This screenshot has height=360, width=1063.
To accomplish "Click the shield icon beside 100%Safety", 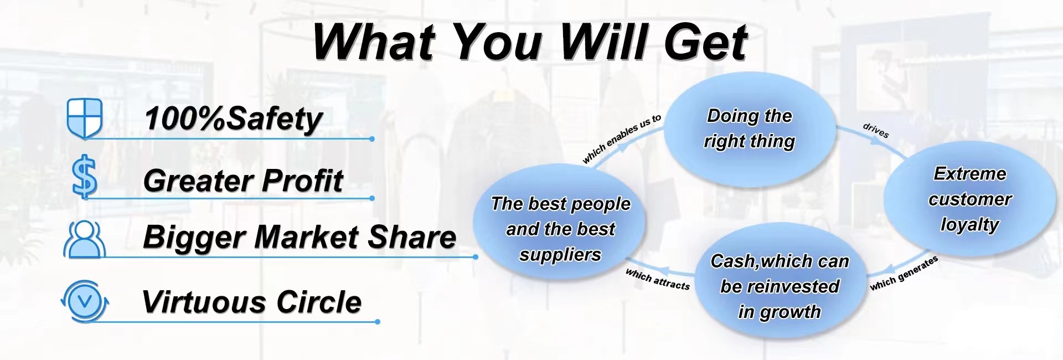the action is (x=85, y=118).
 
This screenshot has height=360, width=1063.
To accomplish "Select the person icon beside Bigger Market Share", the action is (x=85, y=239).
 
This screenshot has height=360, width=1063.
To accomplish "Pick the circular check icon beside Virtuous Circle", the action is (x=85, y=301).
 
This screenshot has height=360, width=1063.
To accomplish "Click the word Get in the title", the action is (x=705, y=43).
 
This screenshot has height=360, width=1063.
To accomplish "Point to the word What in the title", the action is (x=375, y=43).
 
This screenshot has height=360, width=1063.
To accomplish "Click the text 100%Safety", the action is (x=233, y=119).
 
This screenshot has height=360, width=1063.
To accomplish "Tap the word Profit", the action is (x=302, y=181).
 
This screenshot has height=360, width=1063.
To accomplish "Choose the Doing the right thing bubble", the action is (x=749, y=129).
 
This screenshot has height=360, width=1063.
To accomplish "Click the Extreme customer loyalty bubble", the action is (x=969, y=199).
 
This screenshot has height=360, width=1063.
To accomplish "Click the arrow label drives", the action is (x=876, y=130).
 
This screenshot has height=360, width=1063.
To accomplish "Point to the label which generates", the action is (x=904, y=273).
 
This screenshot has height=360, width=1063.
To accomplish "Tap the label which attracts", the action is (x=658, y=279).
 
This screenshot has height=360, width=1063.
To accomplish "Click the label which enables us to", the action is (x=622, y=139).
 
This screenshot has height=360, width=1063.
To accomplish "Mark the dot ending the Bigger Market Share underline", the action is (x=476, y=257).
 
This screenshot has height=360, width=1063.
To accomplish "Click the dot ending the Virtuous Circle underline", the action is (x=378, y=322).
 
